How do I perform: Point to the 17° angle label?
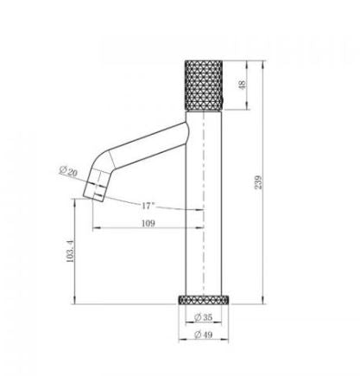(x=148, y=206)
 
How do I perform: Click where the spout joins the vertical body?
(x=187, y=130)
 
